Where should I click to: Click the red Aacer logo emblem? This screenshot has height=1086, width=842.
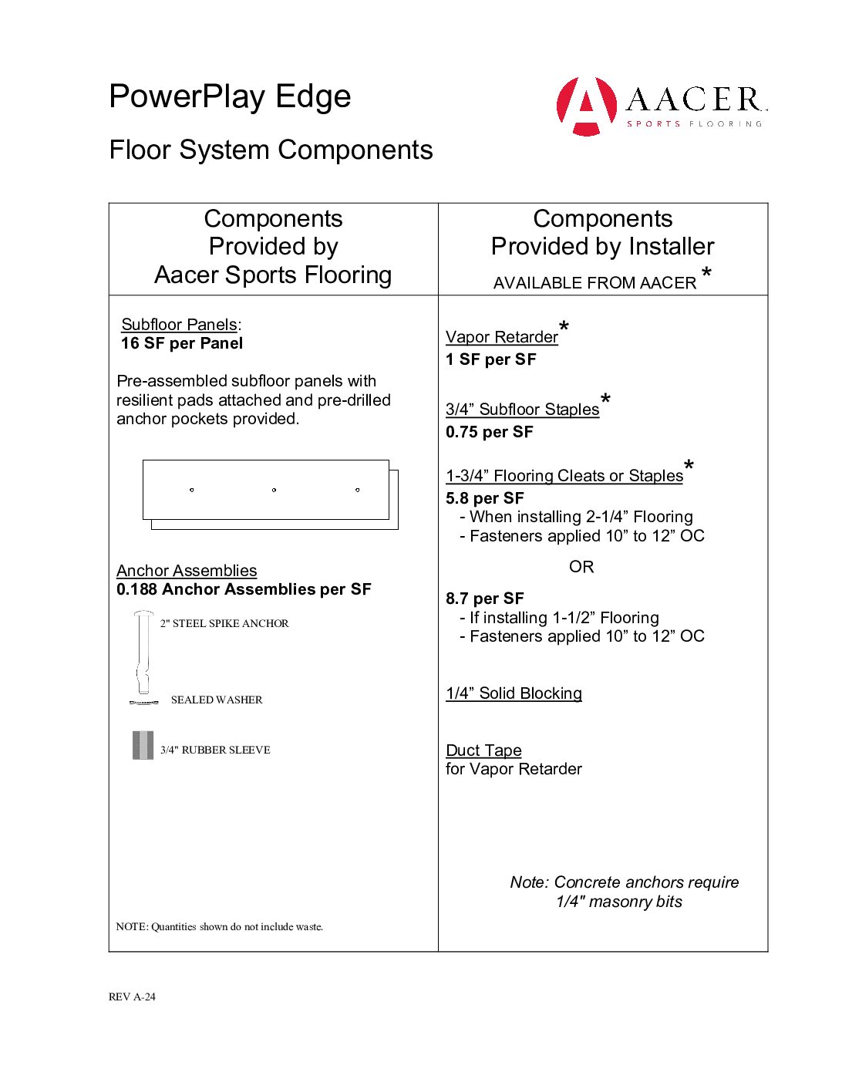pyautogui.click(x=586, y=106)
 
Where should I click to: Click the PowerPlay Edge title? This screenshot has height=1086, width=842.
pyautogui.click(x=230, y=97)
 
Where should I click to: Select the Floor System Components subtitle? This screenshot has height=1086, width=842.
pyautogui.click(x=271, y=150)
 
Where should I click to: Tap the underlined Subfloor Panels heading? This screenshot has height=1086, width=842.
pyautogui.click(x=179, y=325)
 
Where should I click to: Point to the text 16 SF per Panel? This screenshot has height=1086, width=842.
pyautogui.click(x=182, y=343)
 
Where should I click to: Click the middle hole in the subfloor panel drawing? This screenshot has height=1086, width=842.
pyautogui.click(x=274, y=490)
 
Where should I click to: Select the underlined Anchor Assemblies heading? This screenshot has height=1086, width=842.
pyautogui.click(x=187, y=571)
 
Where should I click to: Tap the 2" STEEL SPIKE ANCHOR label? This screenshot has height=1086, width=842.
pyautogui.click(x=224, y=623)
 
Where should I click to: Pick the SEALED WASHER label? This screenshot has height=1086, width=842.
pyautogui.click(x=217, y=700)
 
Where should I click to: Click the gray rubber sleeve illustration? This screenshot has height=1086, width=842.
pyautogui.click(x=143, y=746)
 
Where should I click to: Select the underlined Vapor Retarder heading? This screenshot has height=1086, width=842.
pyautogui.click(x=502, y=337)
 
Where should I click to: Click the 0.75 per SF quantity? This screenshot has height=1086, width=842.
pyautogui.click(x=490, y=432)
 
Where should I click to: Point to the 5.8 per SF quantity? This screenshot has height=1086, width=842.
pyautogui.click(x=485, y=498)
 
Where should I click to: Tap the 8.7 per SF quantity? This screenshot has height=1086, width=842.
pyautogui.click(x=485, y=599)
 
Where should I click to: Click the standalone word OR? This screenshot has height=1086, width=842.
pyautogui.click(x=581, y=567)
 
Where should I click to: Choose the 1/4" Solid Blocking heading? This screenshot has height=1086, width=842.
pyautogui.click(x=514, y=693)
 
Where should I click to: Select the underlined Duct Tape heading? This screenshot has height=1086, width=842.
pyautogui.click(x=483, y=750)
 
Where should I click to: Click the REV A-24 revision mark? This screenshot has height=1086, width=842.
pyautogui.click(x=132, y=997)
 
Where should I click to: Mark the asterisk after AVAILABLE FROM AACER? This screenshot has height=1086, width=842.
pyautogui.click(x=706, y=273)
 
